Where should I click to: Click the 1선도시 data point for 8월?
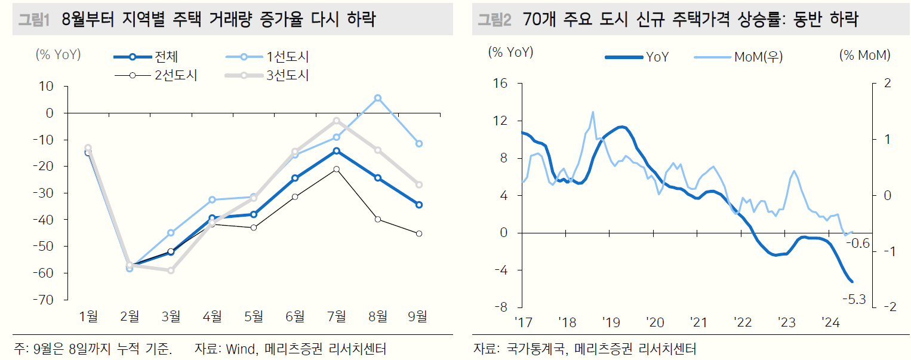coord(378,98)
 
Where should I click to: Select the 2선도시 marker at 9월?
coord(419,233)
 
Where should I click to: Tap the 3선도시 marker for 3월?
coord(171,270)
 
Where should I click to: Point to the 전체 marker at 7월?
coord(337,151)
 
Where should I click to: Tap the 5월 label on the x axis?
coord(254,317)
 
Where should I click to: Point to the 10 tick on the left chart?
coord(47,87)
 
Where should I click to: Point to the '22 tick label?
coord(743,323)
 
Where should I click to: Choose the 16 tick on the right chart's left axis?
coord(500,84)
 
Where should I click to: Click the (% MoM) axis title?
coord(864,55)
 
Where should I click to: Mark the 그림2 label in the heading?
coord(495,20)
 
